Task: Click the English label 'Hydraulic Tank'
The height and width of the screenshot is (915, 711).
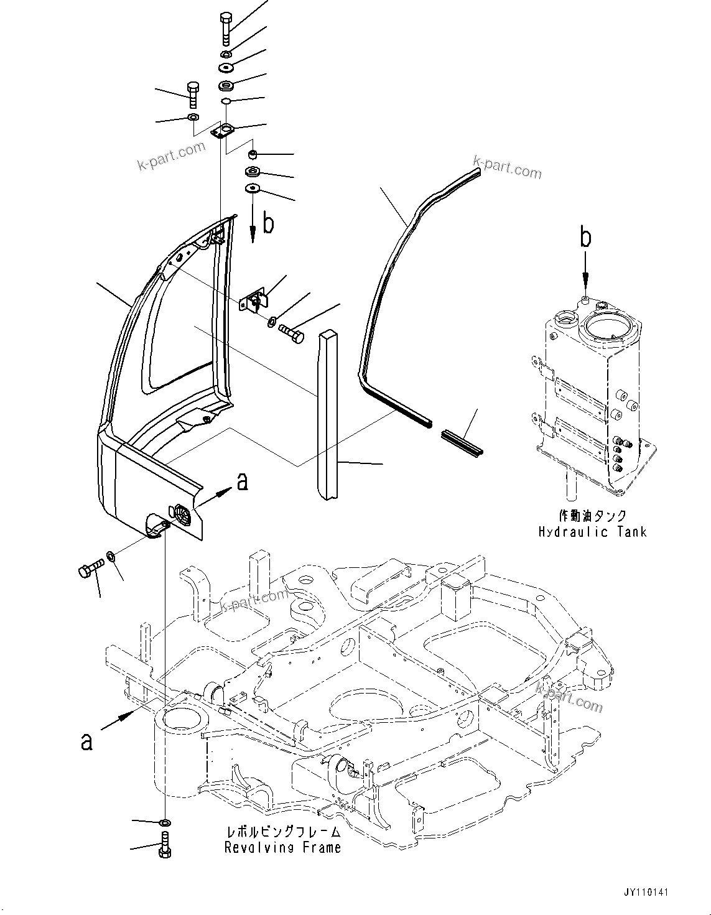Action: click(x=592, y=531)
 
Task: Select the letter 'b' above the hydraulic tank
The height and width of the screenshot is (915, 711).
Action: click(x=586, y=238)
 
